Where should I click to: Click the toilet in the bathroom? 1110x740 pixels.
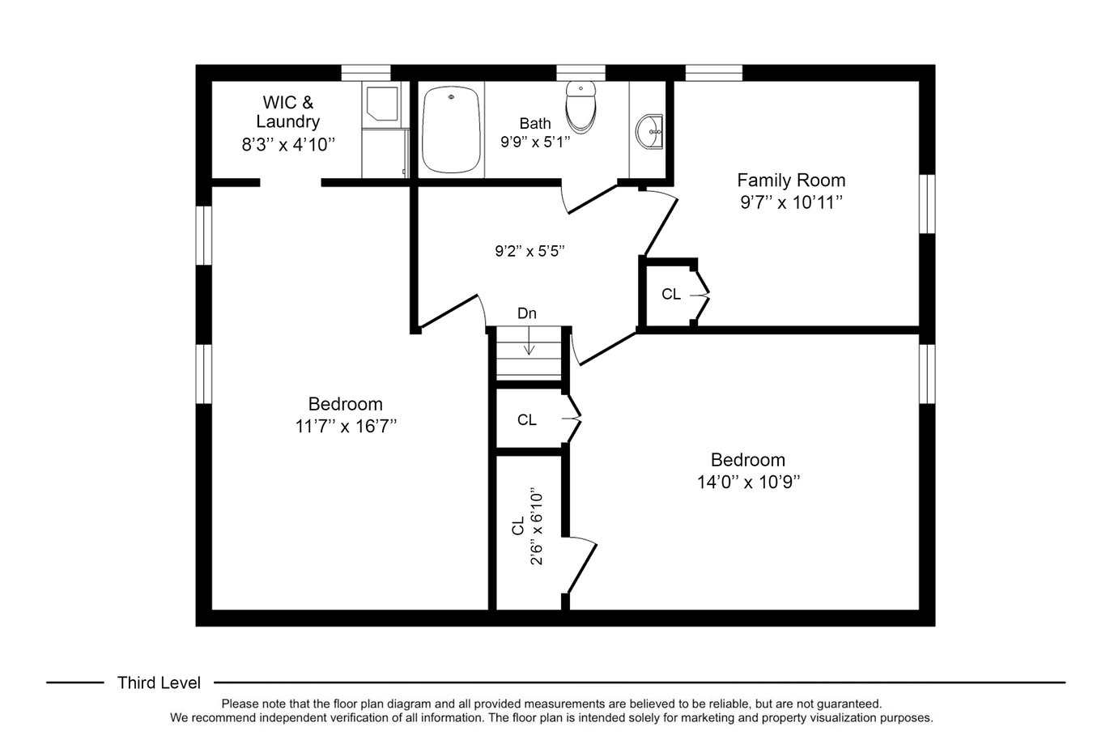581,107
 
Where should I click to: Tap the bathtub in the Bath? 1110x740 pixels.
451,130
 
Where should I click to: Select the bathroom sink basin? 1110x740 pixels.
649,131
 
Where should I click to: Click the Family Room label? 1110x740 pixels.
791,180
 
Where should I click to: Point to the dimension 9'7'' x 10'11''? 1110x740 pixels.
791,202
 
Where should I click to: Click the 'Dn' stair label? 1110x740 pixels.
527,313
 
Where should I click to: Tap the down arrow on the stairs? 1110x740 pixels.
529,341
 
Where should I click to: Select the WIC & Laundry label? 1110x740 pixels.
288,112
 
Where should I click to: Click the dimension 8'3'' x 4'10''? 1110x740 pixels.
288,145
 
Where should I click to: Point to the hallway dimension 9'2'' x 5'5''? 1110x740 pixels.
529,251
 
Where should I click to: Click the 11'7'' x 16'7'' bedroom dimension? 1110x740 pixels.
346,426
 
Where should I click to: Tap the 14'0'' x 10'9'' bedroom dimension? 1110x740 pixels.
748,482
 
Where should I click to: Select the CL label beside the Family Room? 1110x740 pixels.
671,295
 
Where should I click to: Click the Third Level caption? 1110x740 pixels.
159,683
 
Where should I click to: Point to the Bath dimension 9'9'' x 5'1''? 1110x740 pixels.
535,142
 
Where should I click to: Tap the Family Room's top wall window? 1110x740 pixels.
713,73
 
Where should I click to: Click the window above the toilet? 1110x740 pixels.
581,73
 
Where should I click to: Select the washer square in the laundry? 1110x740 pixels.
382,104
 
